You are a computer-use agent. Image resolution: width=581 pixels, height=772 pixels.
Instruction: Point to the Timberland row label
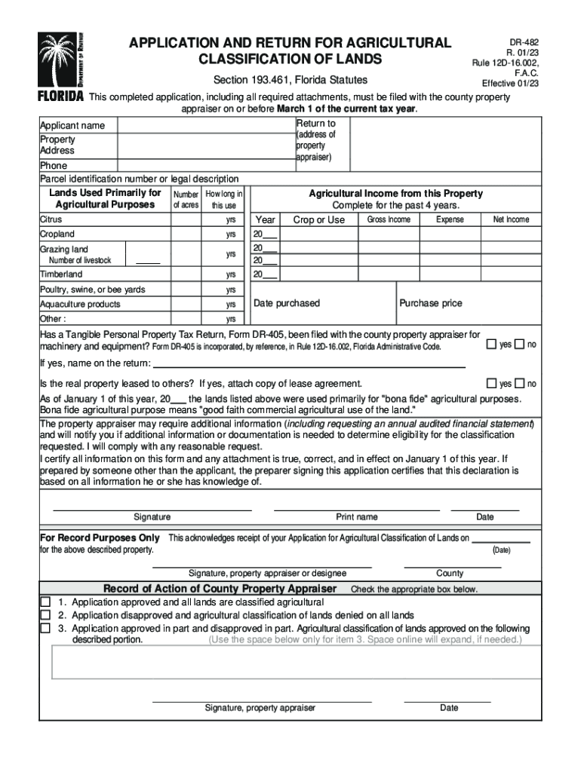click(x=61, y=274)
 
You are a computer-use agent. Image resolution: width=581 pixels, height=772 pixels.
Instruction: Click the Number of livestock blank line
click(x=148, y=261)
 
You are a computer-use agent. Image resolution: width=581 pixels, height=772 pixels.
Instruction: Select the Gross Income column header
click(x=389, y=219)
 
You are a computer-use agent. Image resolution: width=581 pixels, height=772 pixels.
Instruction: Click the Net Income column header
click(x=511, y=219)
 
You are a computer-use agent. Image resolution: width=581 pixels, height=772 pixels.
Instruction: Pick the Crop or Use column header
click(x=318, y=219)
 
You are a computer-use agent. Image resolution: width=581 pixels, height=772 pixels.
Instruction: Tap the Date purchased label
click(x=287, y=303)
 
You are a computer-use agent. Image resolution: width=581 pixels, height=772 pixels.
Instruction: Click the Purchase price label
click(x=430, y=303)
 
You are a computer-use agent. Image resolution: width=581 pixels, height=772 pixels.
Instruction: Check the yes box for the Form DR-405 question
click(x=491, y=345)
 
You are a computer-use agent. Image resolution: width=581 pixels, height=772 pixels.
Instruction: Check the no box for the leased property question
click(x=519, y=383)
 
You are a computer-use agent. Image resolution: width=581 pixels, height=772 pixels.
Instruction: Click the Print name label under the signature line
click(x=357, y=517)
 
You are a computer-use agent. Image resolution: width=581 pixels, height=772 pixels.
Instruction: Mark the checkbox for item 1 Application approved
click(x=45, y=602)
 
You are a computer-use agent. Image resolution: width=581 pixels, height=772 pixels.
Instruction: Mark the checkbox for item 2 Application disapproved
click(x=45, y=615)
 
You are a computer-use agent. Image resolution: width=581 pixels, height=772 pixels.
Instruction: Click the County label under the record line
click(x=450, y=573)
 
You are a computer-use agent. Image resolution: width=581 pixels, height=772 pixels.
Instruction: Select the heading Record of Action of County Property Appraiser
click(x=220, y=589)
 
